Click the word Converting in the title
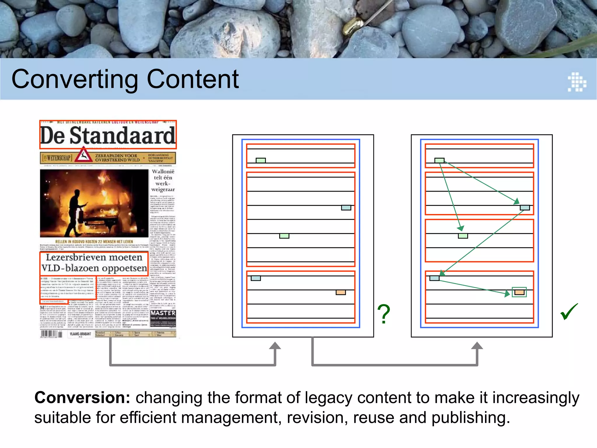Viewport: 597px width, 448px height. pos(75,80)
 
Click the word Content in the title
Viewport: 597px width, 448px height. pos(193,79)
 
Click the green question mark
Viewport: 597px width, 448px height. pos(384,314)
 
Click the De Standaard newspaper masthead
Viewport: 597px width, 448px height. pos(108,136)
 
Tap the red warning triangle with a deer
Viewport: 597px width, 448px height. pos(83,155)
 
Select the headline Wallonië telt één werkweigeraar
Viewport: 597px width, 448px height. pos(163,180)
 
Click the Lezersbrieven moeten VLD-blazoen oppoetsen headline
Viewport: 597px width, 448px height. pos(94,263)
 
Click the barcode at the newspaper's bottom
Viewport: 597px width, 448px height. pos(51,334)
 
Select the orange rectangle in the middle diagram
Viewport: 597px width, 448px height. pos(340,292)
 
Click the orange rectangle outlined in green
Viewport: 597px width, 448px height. pos(519,292)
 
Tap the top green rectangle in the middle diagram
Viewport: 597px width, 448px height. pos(261,160)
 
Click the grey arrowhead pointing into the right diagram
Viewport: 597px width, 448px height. pos(477,346)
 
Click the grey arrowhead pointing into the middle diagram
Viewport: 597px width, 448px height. pos(275,346)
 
